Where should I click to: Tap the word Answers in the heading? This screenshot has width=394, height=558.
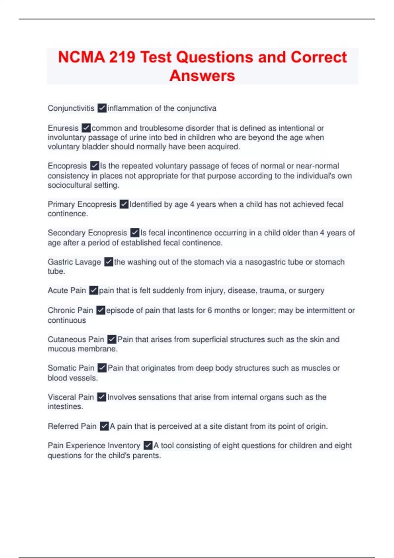(202, 76)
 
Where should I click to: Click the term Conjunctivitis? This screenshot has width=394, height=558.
(71, 108)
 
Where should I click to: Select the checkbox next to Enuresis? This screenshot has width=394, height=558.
(86, 128)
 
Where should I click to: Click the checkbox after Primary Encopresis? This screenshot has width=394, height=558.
(124, 204)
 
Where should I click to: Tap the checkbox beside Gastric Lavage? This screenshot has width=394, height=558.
(108, 262)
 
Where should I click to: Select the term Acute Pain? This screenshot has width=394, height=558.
(67, 290)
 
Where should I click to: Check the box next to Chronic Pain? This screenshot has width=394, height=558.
(100, 310)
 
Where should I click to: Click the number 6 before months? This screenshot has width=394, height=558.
(209, 310)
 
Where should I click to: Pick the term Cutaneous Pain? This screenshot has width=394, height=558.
(76, 339)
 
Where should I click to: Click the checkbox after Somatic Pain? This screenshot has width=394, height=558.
(102, 368)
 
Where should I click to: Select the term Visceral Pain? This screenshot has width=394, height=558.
(71, 397)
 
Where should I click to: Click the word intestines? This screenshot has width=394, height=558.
(65, 407)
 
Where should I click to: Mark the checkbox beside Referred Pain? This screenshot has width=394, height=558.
(104, 426)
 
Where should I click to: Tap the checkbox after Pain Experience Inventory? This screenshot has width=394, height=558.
(148, 445)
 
